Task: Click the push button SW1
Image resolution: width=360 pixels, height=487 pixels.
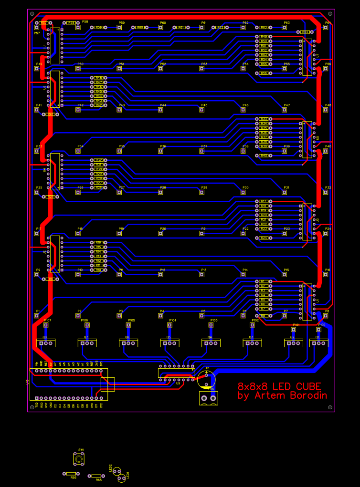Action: [79, 459]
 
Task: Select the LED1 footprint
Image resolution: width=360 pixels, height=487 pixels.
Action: [122, 477]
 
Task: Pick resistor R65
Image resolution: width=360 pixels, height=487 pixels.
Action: [96, 476]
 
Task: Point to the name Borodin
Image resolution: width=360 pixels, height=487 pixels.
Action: [305, 395]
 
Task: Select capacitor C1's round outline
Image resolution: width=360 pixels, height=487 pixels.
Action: [206, 380]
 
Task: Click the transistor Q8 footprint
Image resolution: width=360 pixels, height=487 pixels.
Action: [46, 342]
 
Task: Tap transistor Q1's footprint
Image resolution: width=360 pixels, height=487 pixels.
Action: [318, 342]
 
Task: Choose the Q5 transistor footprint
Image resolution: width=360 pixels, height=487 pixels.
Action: [169, 342]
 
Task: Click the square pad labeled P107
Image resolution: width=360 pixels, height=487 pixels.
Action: [46, 325]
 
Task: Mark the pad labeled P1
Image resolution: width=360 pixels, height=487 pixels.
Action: [37, 316]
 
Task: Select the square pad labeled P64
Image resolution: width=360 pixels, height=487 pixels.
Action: [326, 27]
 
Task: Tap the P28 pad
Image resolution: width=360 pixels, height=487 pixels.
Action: [160, 192]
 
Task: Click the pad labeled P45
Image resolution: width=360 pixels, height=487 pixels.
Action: [202, 110]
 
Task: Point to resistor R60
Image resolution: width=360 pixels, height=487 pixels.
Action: [140, 27]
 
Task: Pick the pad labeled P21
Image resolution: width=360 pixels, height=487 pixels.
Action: [202, 233]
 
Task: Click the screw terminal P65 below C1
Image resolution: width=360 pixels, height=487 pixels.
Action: [208, 398]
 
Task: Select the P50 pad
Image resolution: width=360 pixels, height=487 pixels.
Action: [78, 68]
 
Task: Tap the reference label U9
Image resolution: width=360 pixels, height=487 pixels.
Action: [178, 383]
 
